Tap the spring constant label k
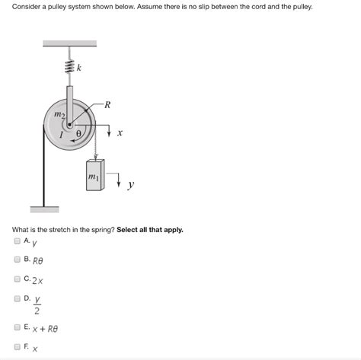[x=79, y=69]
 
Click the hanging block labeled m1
[x=95, y=174]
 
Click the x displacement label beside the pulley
[x=120, y=133]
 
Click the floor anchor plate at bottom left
[x=44, y=207]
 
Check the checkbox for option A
[x=18, y=241]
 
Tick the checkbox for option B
[x=18, y=259]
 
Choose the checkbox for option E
[x=18, y=327]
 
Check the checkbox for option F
[x=18, y=346]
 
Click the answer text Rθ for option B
[x=40, y=260]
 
